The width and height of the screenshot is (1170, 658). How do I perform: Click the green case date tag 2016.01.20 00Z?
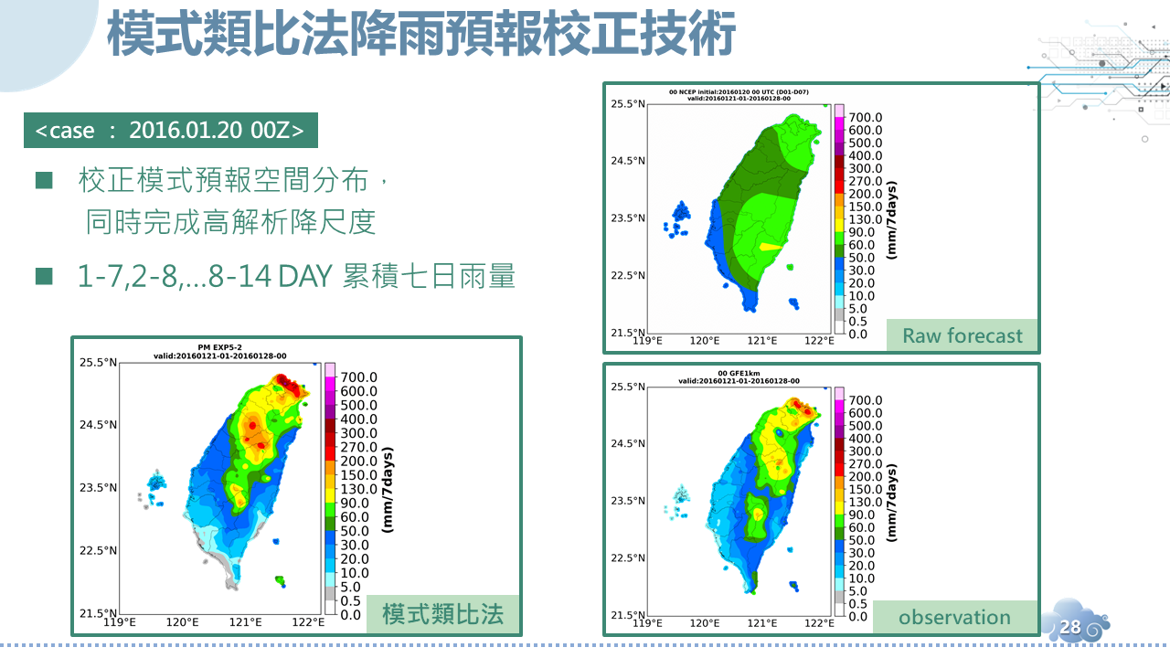pos(170,130)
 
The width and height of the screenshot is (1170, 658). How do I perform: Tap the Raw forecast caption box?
pos(962,335)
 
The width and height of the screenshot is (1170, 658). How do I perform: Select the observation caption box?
pos(954,617)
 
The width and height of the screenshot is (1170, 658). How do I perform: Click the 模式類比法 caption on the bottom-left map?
pos(442,613)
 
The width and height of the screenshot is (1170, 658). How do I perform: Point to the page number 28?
pos(1070,627)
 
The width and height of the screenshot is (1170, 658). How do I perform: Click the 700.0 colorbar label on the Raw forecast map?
pos(866,118)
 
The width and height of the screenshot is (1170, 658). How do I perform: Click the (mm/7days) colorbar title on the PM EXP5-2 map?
pos(386,489)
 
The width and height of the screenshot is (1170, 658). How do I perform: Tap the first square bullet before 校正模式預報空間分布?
pos(44,181)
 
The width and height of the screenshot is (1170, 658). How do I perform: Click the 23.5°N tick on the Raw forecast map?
pos(628,218)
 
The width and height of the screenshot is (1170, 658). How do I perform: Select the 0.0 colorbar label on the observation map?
pos(859,616)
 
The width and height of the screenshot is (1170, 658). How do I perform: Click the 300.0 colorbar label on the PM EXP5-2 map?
pos(358,433)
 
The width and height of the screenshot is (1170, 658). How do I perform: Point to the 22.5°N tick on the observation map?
pos(628,557)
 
